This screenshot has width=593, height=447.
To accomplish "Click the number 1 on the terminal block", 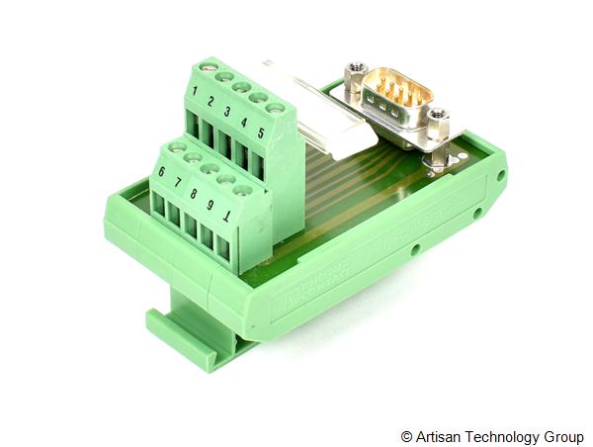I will (196, 92).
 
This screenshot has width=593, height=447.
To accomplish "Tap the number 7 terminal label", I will (177, 181).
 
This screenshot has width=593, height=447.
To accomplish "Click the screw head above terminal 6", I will (178, 147).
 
